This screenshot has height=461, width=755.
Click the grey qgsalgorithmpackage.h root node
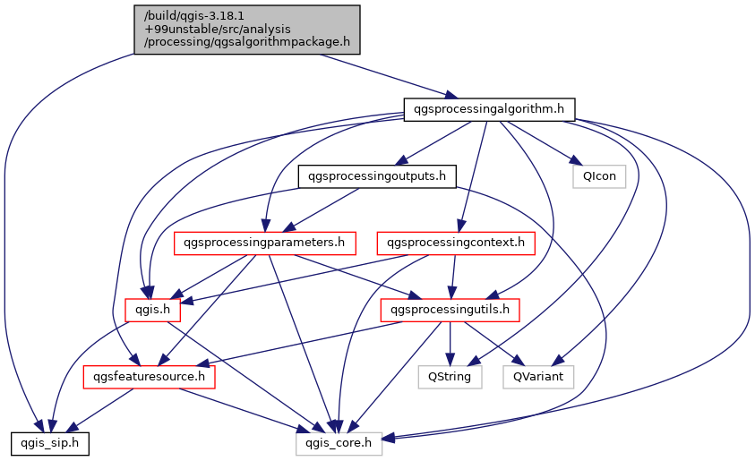pos(247,29)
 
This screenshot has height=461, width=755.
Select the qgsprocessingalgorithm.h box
pos(488,109)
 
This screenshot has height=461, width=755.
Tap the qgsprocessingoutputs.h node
pos(376,175)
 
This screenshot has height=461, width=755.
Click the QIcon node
pos(599,175)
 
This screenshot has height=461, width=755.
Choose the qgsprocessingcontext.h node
pos(457,242)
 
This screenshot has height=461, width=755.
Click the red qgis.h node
pos(152,310)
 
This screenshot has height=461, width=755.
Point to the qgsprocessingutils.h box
pos(450,310)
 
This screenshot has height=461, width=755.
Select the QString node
pos(450,377)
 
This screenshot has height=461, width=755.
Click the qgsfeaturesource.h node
pos(150,377)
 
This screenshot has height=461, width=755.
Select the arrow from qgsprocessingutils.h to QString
pos(450,344)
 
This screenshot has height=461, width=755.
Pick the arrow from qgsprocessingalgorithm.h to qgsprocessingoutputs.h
pos(433,142)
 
